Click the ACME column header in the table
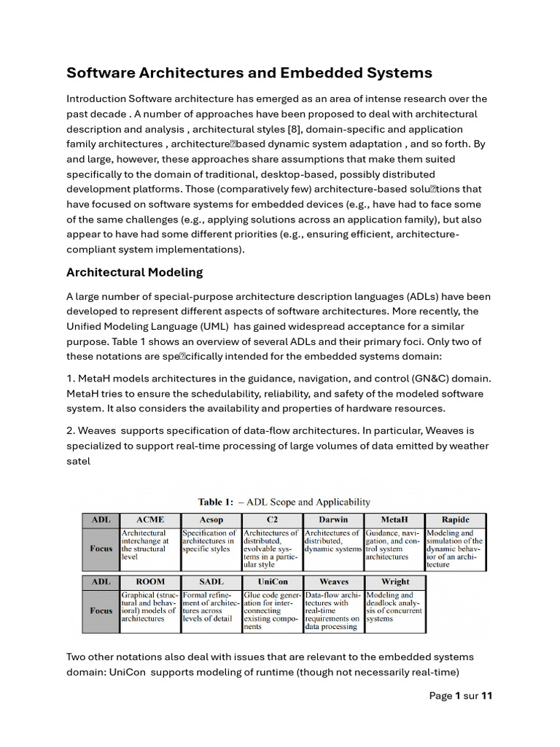[149, 520]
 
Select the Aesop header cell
[210, 520]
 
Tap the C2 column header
[271, 520]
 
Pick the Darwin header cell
[332, 520]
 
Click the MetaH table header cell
[394, 520]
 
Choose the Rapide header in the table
[455, 520]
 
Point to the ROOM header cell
[149, 582]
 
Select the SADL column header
[210, 582]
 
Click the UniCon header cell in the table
[271, 582]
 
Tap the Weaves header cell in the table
[332, 582]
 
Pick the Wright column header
[394, 582]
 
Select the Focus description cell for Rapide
[455, 549]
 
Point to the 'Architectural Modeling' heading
[134, 272]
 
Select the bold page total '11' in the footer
[487, 695]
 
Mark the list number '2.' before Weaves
[71, 430]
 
